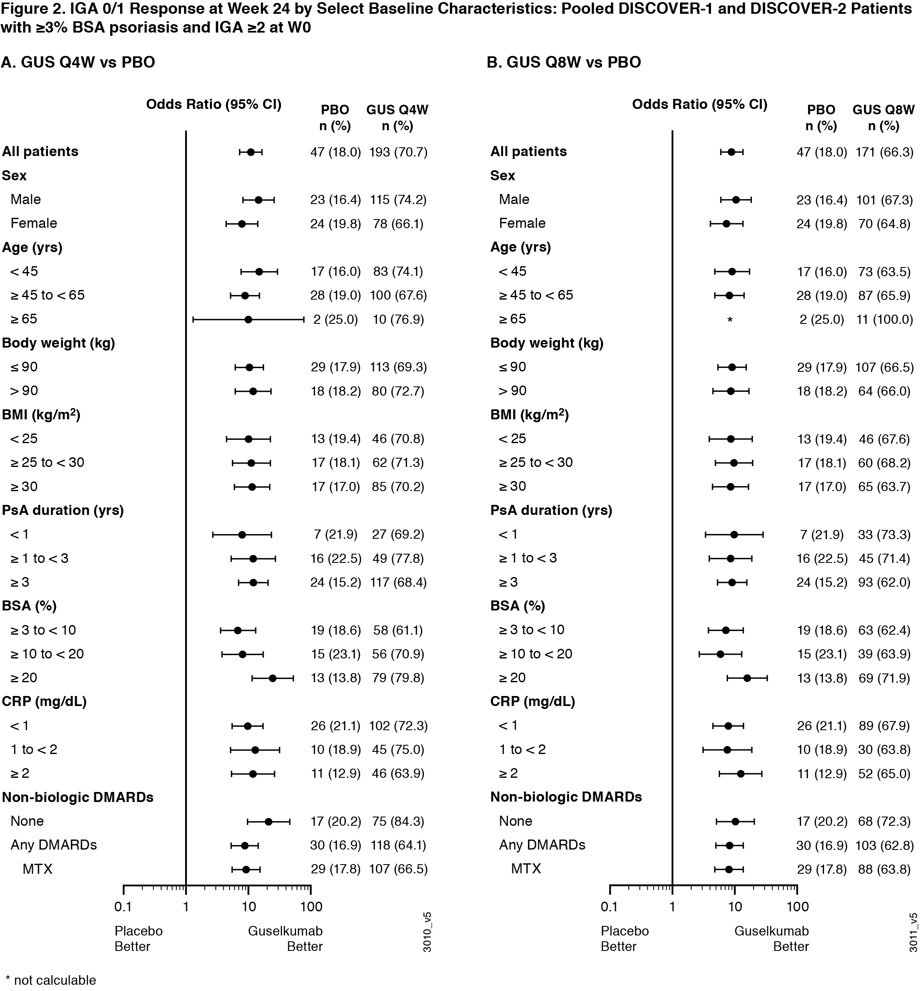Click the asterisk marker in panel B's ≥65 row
coord(730,320)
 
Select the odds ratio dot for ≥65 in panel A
coord(248,320)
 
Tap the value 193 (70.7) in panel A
coord(398,152)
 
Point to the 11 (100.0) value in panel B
coord(884,320)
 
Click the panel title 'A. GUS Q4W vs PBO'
coord(78,62)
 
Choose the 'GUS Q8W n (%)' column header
coord(884,118)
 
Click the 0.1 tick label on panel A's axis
coord(123,906)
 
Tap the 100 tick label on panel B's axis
coord(797,906)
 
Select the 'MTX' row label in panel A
coord(38,869)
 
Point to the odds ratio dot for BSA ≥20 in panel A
coord(272,678)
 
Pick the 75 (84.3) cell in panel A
coord(398,821)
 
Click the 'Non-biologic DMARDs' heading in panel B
coord(566,797)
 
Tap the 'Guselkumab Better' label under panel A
coord(285,939)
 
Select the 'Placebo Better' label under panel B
coord(625,939)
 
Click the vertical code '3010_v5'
coord(427,932)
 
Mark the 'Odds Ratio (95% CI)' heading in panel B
coord(700,104)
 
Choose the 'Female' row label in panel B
coord(522,223)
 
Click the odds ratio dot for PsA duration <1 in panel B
coord(733,535)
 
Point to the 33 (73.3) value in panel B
coord(884,535)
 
